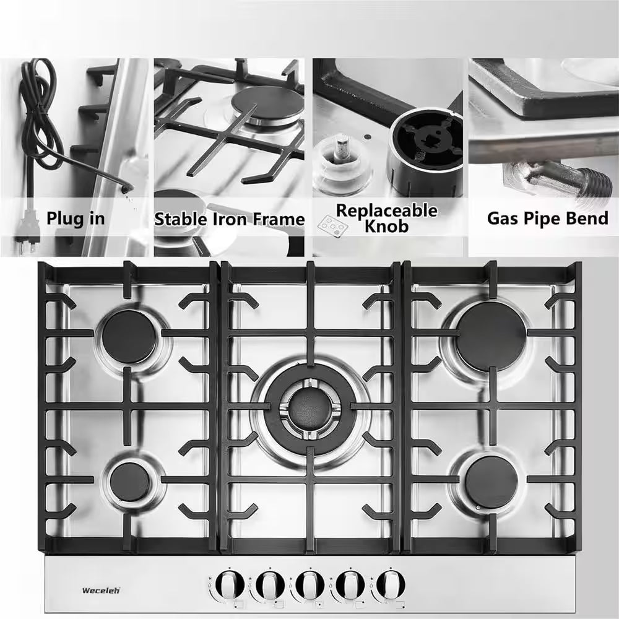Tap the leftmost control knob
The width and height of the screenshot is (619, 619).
coord(230,584)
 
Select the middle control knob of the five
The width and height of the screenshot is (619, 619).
coord(308,584)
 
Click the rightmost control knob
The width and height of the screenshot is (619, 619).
coord(387,584)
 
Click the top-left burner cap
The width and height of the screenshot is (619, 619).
coord(129,336)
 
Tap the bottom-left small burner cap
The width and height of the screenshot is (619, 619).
coord(130,482)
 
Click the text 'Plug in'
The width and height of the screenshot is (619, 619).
coord(75,219)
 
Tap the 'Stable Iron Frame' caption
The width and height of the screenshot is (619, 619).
coord(229,219)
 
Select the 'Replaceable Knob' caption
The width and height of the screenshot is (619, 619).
coord(386,218)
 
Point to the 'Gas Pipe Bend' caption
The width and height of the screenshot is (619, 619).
coord(547,218)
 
